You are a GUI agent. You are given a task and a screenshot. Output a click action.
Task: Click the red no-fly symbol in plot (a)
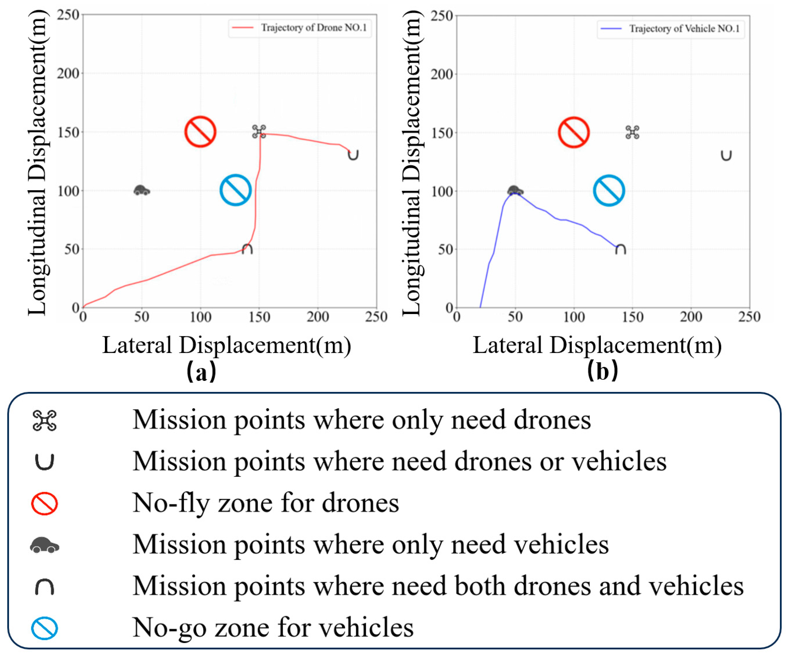200,132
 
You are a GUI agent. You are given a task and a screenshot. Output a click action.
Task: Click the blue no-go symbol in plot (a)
235,190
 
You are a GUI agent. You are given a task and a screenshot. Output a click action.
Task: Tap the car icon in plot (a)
142,190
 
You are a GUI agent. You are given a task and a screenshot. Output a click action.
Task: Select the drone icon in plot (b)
632,133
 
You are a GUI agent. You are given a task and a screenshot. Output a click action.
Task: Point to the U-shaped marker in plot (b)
726,156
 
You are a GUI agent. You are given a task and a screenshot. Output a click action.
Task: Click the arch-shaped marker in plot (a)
247,249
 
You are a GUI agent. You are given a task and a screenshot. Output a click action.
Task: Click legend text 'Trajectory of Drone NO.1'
314,28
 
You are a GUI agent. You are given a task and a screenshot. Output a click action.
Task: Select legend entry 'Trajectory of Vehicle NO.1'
684,29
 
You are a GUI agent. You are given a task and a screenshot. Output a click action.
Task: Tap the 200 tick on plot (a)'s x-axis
317,317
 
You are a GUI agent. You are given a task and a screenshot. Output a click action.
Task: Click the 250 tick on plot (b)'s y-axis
441,16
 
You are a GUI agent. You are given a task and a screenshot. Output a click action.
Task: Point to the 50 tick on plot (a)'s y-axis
71,249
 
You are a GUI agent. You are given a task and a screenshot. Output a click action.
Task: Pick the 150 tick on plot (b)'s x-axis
632,317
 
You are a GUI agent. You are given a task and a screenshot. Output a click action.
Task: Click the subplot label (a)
202,371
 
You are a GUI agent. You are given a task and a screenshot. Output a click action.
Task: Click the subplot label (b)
602,371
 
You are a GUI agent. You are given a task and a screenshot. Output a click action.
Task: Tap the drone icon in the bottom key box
44,420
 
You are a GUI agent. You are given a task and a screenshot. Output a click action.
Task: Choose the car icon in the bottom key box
44,545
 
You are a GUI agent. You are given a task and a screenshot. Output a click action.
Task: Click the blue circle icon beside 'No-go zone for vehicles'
44,629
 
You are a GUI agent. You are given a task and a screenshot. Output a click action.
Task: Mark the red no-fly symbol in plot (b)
573,133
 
